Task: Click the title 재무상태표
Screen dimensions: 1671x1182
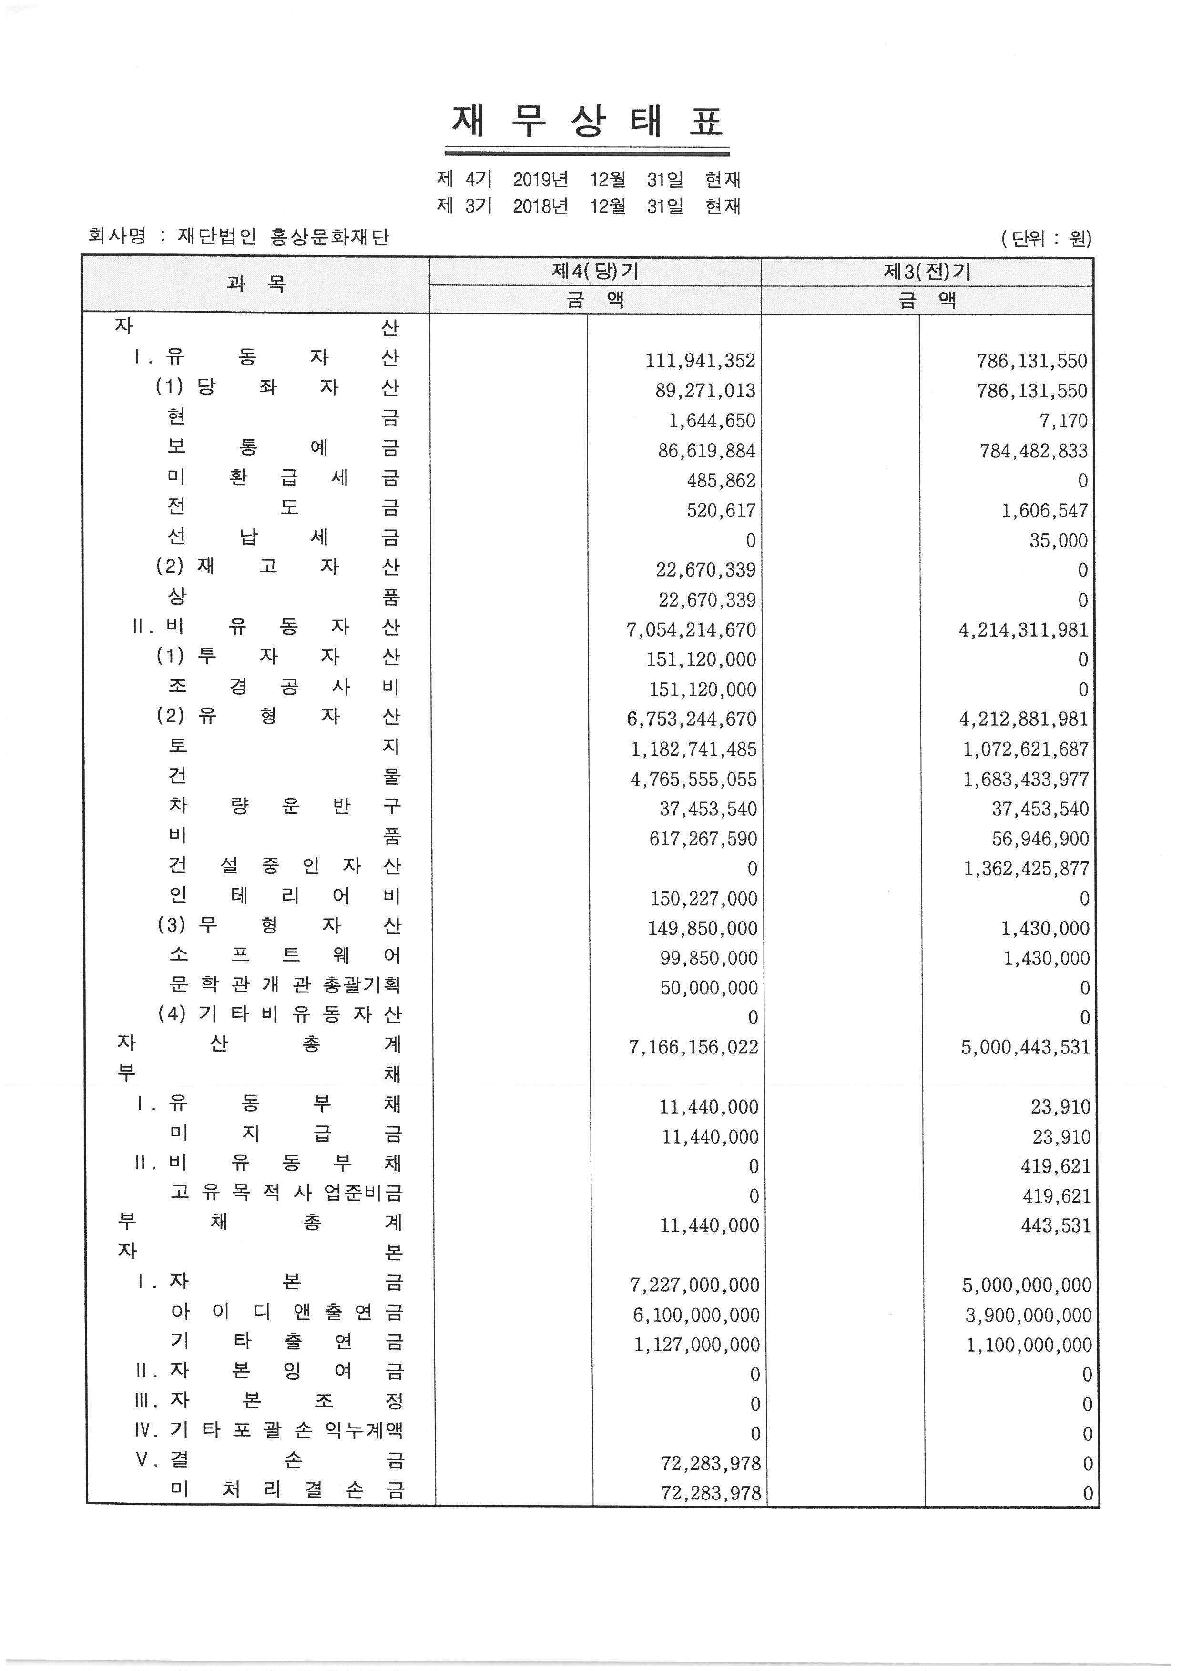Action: click(587, 122)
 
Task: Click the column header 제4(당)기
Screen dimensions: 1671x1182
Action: click(595, 272)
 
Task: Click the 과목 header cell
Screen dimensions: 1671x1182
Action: click(255, 284)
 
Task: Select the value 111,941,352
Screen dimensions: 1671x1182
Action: click(700, 361)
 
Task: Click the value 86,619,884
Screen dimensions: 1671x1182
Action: click(706, 450)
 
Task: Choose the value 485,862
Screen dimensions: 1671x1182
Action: click(721, 480)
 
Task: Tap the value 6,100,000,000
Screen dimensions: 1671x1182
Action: click(694, 1315)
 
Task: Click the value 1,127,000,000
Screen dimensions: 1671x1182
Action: click(696, 1345)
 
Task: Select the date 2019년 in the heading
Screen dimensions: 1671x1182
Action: click(540, 180)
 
